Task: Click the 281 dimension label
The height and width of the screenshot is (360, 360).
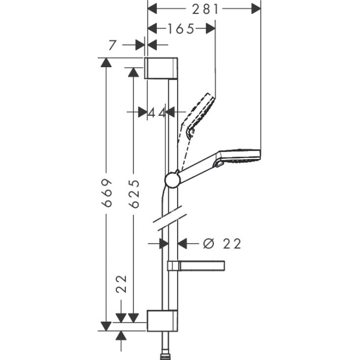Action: tap(205, 8)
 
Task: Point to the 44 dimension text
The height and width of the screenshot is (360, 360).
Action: tap(157, 112)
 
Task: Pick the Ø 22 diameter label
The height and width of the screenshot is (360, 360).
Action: tap(222, 243)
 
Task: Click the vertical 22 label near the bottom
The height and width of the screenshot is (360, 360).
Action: tap(122, 283)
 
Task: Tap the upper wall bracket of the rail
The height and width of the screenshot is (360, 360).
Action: tap(161, 68)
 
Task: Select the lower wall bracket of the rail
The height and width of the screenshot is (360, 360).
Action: tap(161, 321)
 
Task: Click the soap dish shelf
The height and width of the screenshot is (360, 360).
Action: tap(196, 266)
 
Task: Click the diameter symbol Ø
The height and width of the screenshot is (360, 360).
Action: tap(208, 243)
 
